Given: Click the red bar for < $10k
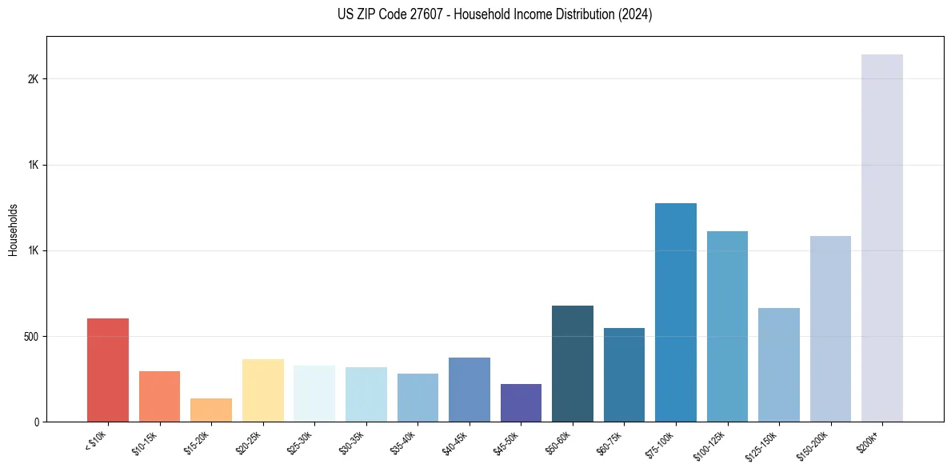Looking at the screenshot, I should click(108, 370).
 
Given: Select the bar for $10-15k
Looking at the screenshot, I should click(159, 396).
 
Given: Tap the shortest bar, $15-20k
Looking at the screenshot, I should click(211, 410).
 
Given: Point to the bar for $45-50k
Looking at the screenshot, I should click(521, 402).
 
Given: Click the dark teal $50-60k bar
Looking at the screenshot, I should click(572, 363).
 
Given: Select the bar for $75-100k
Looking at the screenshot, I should click(675, 312).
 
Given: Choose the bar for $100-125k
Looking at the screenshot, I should click(727, 326).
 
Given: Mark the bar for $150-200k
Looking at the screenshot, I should click(830, 329).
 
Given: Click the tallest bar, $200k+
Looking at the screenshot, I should click(881, 238).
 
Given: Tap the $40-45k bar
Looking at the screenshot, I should click(469, 390).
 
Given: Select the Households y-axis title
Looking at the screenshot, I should click(13, 229).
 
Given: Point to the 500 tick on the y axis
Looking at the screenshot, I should click(32, 336).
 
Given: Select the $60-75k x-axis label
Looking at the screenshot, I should click(610, 442).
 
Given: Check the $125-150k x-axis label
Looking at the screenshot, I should click(764, 444).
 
